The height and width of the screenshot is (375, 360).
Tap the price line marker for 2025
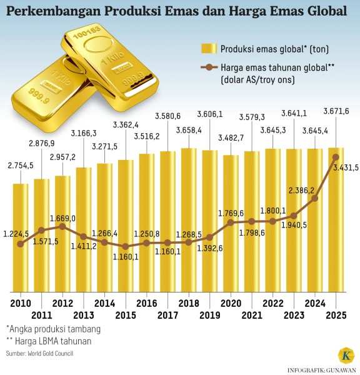[336, 157]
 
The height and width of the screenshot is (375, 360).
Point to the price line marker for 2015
[126, 247]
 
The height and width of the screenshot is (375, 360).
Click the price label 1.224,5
[16, 234]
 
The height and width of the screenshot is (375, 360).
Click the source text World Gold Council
[56, 354]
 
